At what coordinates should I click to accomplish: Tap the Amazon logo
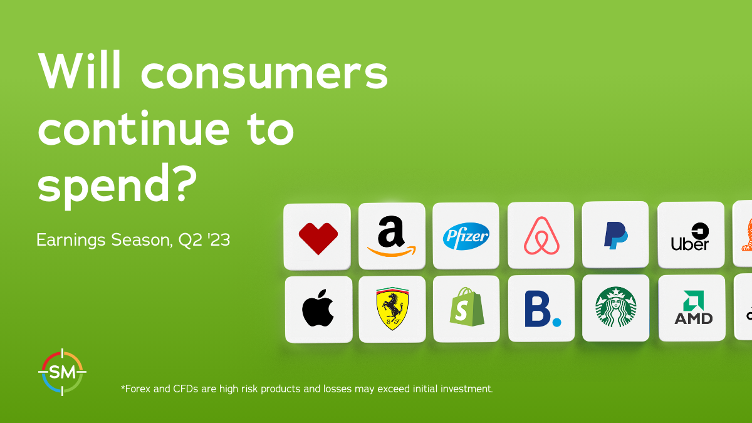tap(392, 236)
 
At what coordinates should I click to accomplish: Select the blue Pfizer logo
tap(466, 236)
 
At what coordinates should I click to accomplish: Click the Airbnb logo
tap(541, 236)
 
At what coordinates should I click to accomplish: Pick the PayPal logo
tap(615, 236)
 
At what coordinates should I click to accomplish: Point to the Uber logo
tap(690, 237)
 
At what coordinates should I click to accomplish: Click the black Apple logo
tap(318, 308)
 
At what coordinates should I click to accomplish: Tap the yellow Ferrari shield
tap(392, 308)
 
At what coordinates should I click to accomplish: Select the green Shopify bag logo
tap(467, 307)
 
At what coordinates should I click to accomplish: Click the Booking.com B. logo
tap(543, 309)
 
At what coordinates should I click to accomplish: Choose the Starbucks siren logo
tap(615, 307)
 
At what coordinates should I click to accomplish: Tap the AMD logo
tap(694, 308)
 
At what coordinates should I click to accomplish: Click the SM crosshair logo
tap(62, 372)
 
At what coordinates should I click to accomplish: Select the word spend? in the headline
tap(117, 185)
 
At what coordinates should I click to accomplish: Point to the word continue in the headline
tap(133, 129)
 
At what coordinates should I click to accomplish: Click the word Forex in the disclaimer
tap(135, 389)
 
